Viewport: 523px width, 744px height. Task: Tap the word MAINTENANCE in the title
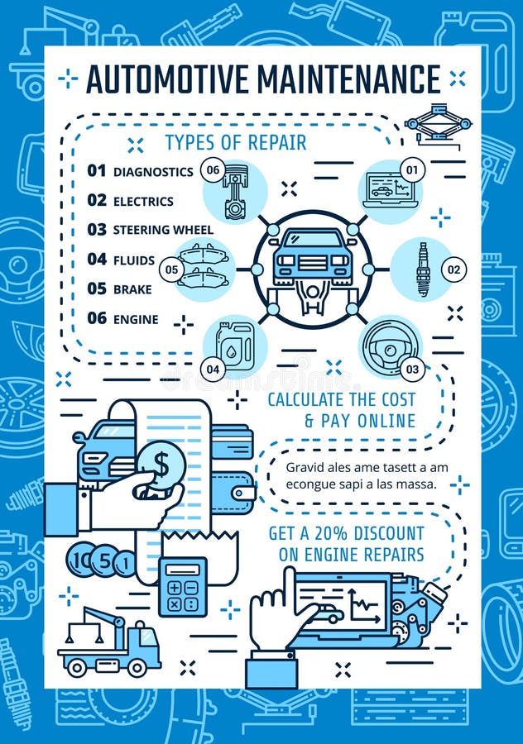pyautogui.click(x=349, y=79)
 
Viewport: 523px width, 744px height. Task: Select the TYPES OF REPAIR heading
pyautogui.click(x=235, y=142)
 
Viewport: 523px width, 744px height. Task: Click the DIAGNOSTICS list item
pyautogui.click(x=153, y=172)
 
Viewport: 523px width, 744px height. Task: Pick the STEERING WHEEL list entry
pyautogui.click(x=163, y=230)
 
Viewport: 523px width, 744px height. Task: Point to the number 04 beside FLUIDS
pyautogui.click(x=97, y=260)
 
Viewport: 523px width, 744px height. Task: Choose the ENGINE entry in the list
pyautogui.click(x=136, y=319)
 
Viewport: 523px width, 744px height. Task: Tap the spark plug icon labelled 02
pyautogui.click(x=423, y=269)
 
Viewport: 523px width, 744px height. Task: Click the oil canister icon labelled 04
pyautogui.click(x=235, y=345)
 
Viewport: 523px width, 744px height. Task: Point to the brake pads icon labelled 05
pyautogui.click(x=204, y=267)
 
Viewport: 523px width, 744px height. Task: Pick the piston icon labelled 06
pyautogui.click(x=234, y=191)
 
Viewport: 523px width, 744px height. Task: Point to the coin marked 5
pyautogui.click(x=104, y=561)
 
